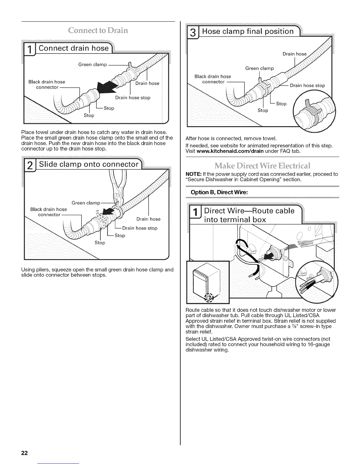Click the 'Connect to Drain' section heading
point(98,31)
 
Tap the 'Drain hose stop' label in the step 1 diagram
point(133,98)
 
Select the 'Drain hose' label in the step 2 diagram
point(149,219)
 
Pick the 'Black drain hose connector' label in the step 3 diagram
point(213,79)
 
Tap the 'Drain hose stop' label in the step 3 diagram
point(307,86)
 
